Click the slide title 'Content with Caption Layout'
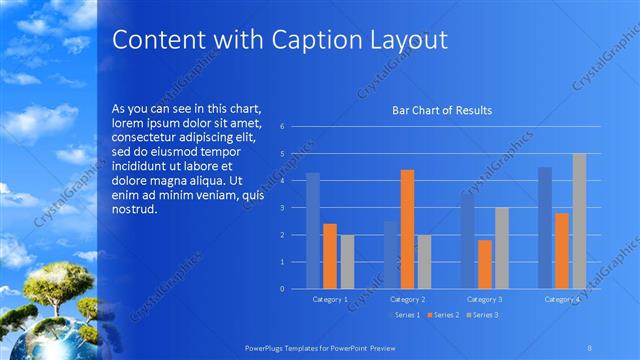tap(279, 39)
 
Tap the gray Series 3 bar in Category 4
tap(579, 221)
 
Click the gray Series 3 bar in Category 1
tap(347, 261)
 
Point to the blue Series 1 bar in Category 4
tap(544, 227)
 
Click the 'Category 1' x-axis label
tap(330, 299)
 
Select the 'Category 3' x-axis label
tap(484, 299)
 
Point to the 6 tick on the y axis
tap(283, 127)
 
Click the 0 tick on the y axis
tap(283, 289)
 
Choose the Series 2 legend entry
tap(442, 315)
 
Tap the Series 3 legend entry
tap(481, 315)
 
